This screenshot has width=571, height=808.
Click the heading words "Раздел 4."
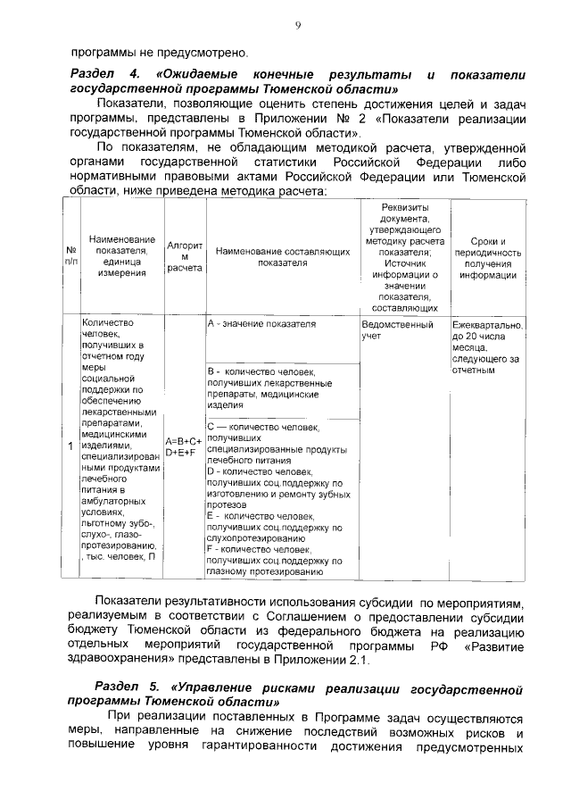(104, 74)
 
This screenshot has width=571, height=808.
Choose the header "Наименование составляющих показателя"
(282, 258)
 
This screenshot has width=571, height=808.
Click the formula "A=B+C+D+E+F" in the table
(185, 446)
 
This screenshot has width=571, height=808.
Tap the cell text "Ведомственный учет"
(398, 330)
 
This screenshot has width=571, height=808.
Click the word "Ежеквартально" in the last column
(487, 325)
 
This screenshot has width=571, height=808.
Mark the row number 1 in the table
(70, 446)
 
